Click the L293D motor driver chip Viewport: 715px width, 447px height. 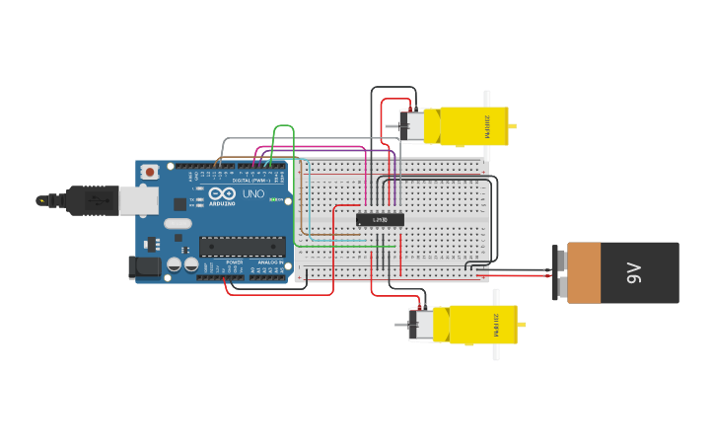380,219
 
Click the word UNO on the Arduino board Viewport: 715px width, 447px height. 252,193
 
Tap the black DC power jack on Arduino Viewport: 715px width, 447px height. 145,266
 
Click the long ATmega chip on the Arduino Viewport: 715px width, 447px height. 242,246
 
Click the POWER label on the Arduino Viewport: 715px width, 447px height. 234,262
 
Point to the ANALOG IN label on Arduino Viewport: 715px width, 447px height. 268,262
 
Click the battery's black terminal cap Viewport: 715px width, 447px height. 559,273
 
